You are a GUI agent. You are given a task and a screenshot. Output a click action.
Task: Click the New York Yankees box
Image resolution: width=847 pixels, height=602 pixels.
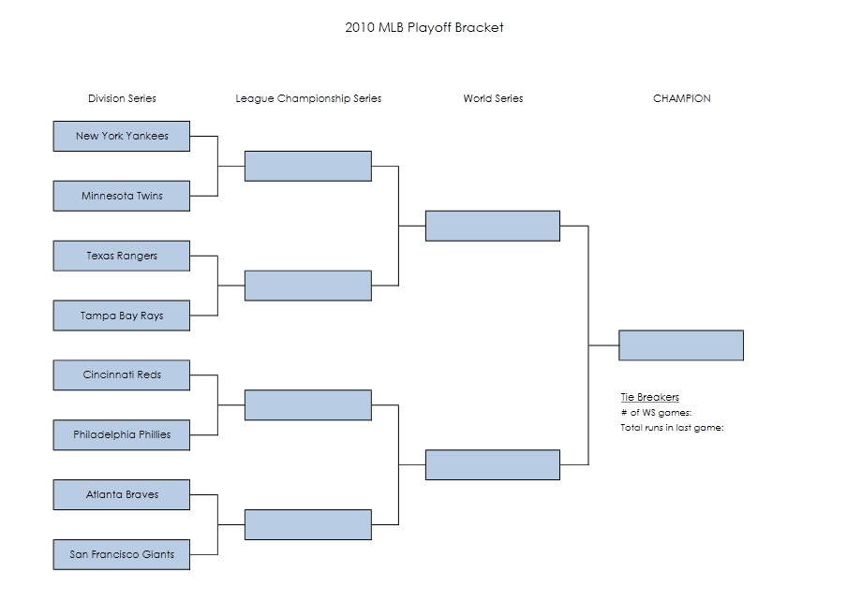pyautogui.click(x=122, y=136)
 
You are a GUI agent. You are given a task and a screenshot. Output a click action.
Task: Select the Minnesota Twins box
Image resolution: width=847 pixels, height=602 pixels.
pyautogui.click(x=122, y=196)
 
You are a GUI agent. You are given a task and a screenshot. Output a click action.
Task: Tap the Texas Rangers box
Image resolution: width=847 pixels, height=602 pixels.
pyautogui.click(x=122, y=256)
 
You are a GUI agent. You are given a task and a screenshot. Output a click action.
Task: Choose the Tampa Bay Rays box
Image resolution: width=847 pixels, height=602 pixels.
pyautogui.click(x=122, y=316)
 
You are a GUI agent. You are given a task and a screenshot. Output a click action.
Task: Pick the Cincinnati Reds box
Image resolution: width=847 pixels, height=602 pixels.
pyautogui.click(x=122, y=374)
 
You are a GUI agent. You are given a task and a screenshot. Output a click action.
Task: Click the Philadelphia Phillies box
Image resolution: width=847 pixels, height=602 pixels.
pyautogui.click(x=122, y=434)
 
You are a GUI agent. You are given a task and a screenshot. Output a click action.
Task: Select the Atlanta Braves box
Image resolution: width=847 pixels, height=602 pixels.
pyautogui.click(x=122, y=494)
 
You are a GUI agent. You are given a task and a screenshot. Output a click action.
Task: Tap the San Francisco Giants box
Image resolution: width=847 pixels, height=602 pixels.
pyautogui.click(x=122, y=554)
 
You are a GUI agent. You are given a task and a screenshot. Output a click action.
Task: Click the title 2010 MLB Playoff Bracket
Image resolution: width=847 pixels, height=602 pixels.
pyautogui.click(x=424, y=27)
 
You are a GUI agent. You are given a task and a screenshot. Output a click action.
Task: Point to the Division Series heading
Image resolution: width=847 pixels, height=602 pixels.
pyautogui.click(x=122, y=98)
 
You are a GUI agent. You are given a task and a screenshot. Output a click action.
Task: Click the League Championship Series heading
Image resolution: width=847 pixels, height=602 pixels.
pyautogui.click(x=308, y=98)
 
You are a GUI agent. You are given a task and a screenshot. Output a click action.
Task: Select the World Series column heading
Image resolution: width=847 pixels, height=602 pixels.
pyautogui.click(x=493, y=98)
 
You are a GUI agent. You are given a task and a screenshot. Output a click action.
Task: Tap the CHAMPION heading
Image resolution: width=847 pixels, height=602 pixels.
pyautogui.click(x=681, y=98)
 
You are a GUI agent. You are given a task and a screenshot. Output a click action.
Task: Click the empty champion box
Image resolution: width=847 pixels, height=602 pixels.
pyautogui.click(x=681, y=345)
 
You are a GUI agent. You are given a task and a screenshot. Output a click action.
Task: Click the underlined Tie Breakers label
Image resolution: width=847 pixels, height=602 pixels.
pyautogui.click(x=649, y=397)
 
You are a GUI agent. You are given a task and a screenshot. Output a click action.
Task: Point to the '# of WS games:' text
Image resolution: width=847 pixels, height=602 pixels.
pyautogui.click(x=656, y=413)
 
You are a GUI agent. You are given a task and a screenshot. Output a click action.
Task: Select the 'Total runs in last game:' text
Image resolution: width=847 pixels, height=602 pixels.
pyautogui.click(x=672, y=428)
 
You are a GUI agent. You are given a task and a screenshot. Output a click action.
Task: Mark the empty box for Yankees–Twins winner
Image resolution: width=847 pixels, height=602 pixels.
pyautogui.click(x=308, y=166)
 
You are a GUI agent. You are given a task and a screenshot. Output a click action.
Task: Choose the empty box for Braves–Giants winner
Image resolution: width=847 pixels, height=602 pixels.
pyautogui.click(x=308, y=524)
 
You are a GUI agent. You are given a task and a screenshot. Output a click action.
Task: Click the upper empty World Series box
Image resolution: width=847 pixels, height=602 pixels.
pyautogui.click(x=493, y=226)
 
